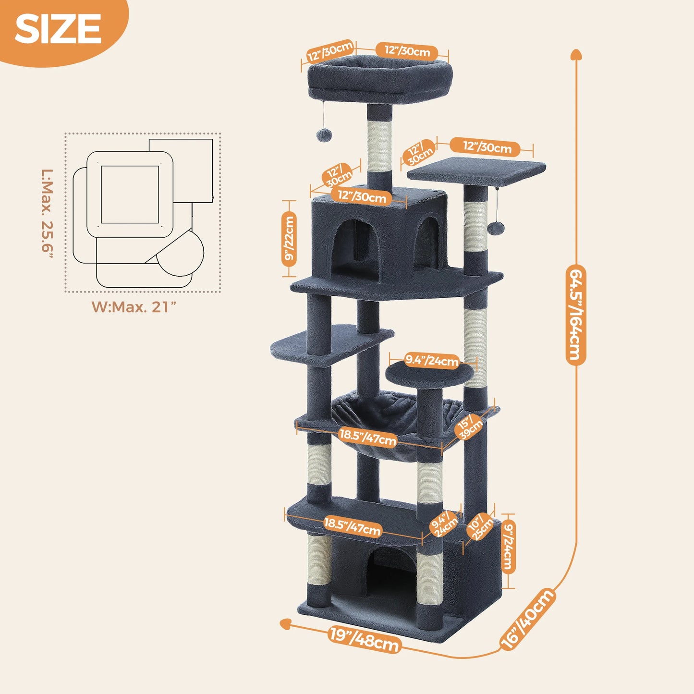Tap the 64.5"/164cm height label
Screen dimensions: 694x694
point(575,315)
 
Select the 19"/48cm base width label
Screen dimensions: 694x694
point(365,639)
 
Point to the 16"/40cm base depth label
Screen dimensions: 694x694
point(527,619)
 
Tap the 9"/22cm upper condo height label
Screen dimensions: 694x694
point(289,239)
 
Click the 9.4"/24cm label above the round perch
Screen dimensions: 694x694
point(432,360)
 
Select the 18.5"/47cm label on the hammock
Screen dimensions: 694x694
point(368,437)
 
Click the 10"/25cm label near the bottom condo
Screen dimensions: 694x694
point(480,527)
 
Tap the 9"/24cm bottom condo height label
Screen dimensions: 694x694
point(508,547)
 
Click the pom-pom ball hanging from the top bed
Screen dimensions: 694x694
point(321,135)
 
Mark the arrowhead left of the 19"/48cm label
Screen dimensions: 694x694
point(286,623)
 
